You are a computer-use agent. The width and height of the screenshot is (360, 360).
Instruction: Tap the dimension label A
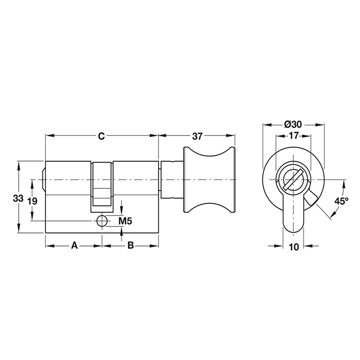[75, 246]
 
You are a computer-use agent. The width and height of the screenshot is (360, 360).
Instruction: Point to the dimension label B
[130, 246]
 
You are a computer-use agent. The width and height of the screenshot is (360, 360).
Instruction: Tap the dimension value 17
[293, 135]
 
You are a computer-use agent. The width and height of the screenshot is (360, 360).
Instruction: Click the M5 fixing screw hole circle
[102, 221]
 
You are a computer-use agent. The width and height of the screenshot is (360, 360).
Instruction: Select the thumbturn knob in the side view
[210, 180]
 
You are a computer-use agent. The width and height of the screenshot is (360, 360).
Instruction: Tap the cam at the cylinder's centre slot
[102, 187]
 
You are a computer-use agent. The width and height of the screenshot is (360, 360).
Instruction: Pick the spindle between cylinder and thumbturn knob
[171, 180]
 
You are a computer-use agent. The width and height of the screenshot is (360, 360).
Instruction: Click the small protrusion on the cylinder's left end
[44, 178]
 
